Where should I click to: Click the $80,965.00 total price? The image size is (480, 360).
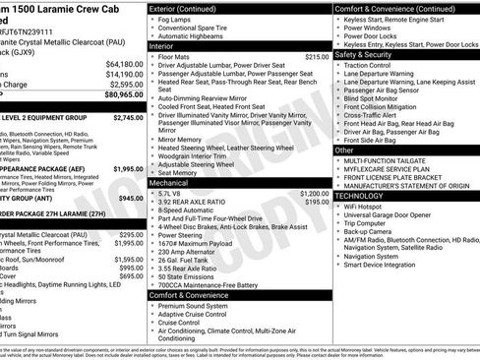(119, 95)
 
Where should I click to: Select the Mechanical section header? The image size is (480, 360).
(169, 183)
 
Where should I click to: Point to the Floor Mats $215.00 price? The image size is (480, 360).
(317, 57)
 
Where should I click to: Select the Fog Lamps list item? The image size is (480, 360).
(179, 20)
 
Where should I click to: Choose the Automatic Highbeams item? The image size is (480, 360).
(194, 35)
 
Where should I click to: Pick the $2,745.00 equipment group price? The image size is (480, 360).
(129, 117)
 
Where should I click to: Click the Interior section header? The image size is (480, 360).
(161, 46)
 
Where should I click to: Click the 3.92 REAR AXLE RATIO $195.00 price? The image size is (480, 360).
(317, 202)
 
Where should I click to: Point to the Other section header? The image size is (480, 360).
(343, 149)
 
